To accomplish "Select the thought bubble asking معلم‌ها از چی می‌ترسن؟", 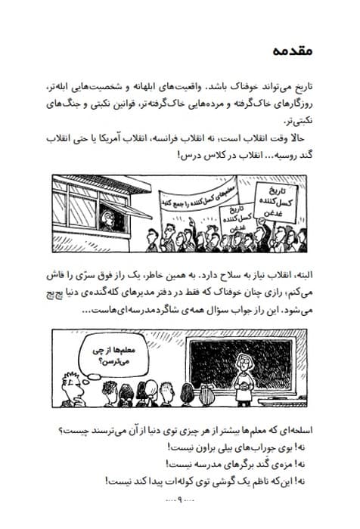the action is coord(99,355).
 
